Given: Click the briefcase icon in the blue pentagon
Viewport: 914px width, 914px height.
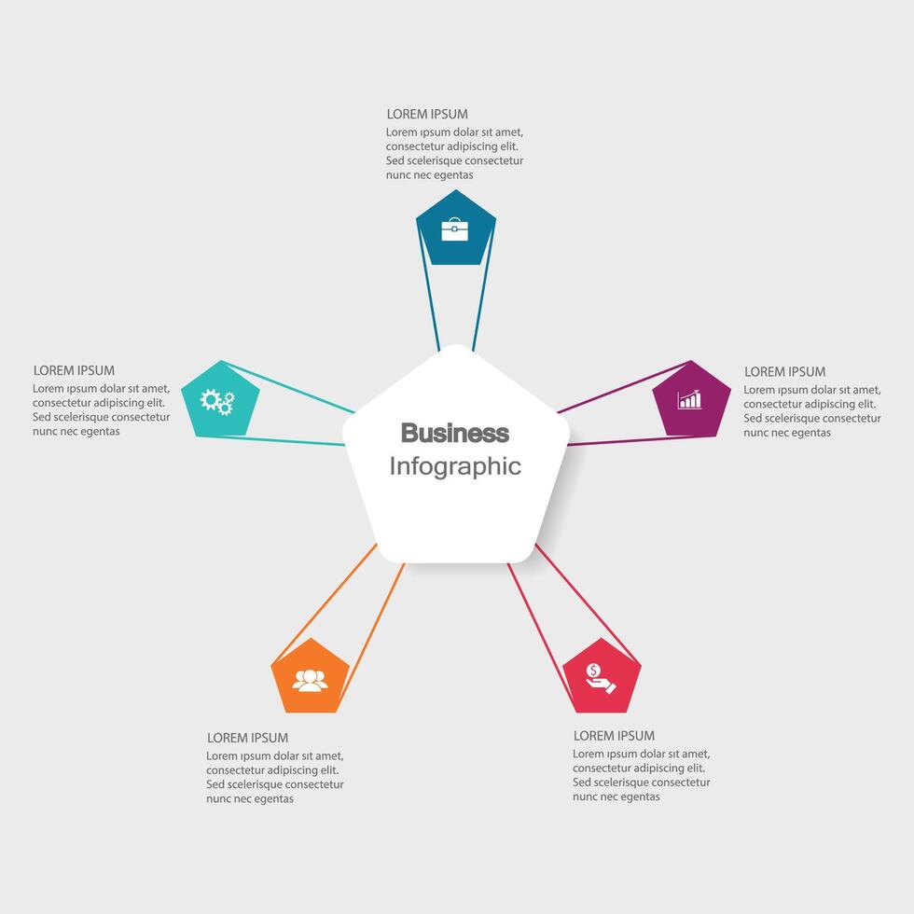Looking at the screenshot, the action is click(x=455, y=229).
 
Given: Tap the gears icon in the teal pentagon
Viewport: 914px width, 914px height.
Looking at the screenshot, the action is click(x=217, y=401).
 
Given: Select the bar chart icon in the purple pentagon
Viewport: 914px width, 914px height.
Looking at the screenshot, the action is click(x=690, y=400).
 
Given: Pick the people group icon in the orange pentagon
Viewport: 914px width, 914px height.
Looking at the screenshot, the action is click(x=311, y=680).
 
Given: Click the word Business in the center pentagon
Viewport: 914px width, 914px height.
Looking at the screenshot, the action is click(x=455, y=433).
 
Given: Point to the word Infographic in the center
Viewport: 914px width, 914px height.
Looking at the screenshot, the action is click(x=455, y=465).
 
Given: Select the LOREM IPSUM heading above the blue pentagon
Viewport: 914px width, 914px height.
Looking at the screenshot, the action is click(x=427, y=115).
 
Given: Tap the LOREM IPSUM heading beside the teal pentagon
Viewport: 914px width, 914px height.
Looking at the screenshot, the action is click(x=74, y=370).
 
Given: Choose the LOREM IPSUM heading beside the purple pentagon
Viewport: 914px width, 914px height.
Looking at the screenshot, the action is click(x=784, y=371).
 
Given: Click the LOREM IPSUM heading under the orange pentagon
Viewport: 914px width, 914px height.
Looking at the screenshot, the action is click(x=247, y=738).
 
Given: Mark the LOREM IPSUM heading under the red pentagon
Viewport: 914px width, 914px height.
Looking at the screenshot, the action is click(x=614, y=736).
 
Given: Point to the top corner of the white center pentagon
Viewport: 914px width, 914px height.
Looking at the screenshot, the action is click(x=456, y=346).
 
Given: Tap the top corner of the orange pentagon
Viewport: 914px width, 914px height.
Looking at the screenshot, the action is click(x=311, y=639).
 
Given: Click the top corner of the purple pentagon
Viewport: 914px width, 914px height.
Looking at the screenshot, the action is click(x=691, y=361).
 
